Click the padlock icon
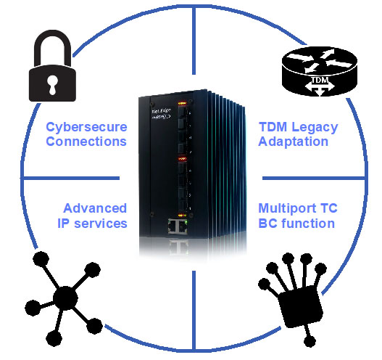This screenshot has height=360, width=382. tap(52, 66)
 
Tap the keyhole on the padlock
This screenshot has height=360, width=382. tap(52, 85)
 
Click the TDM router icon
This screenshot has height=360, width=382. tap(320, 71)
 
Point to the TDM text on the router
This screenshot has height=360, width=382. tap(320, 80)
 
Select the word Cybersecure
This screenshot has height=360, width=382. tap(86, 127)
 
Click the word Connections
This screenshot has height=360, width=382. tap(86, 142)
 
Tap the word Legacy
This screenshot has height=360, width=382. tap(315, 128)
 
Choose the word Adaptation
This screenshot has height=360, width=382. tap(294, 142)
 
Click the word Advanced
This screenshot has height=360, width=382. tap(95, 208)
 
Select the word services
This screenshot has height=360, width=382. tap(101, 224)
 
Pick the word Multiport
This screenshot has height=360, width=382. tap(287, 209)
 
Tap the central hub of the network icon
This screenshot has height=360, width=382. tap(65, 298)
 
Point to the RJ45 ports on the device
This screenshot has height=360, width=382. tap(178, 226)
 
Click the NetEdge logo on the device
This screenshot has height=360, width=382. tap(161, 114)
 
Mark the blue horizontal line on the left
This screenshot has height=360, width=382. tap(70, 179)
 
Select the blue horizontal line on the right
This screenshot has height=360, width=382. tap(314, 179)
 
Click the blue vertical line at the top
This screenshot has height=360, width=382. tap(194, 41)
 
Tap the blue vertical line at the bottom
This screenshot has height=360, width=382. tap(194, 311)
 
